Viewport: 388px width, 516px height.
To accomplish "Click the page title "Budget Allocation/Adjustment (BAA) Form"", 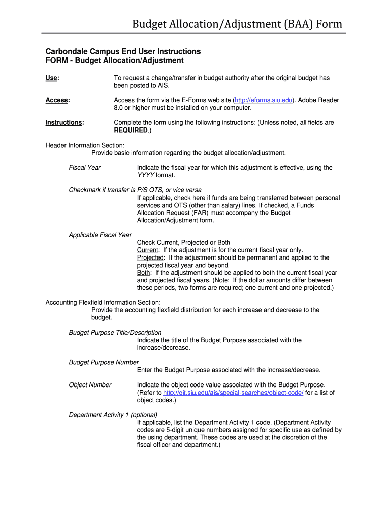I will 237,24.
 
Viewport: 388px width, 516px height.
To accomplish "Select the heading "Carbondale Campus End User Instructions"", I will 123,51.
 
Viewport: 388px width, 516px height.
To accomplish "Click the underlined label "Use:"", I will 52,78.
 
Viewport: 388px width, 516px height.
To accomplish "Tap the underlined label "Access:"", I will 57,100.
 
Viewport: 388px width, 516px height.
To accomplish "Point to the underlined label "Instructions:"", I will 64,123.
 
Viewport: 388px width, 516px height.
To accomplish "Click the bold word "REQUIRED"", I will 131,131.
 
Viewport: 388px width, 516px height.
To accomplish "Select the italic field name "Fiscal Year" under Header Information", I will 85,168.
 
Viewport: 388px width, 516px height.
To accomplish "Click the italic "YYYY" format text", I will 145,175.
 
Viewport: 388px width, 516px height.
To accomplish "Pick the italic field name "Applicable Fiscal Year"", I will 100,235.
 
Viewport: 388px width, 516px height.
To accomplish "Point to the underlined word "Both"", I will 144,273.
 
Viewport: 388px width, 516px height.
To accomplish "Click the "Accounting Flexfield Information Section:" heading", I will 103,302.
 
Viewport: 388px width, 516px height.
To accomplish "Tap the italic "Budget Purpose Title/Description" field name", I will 115,333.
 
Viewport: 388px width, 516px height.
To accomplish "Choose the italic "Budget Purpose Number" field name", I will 103,362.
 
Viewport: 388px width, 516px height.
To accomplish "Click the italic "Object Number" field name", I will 90,385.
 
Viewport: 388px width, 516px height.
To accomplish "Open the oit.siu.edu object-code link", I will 233,393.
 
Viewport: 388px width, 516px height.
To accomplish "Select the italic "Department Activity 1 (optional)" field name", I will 114,415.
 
